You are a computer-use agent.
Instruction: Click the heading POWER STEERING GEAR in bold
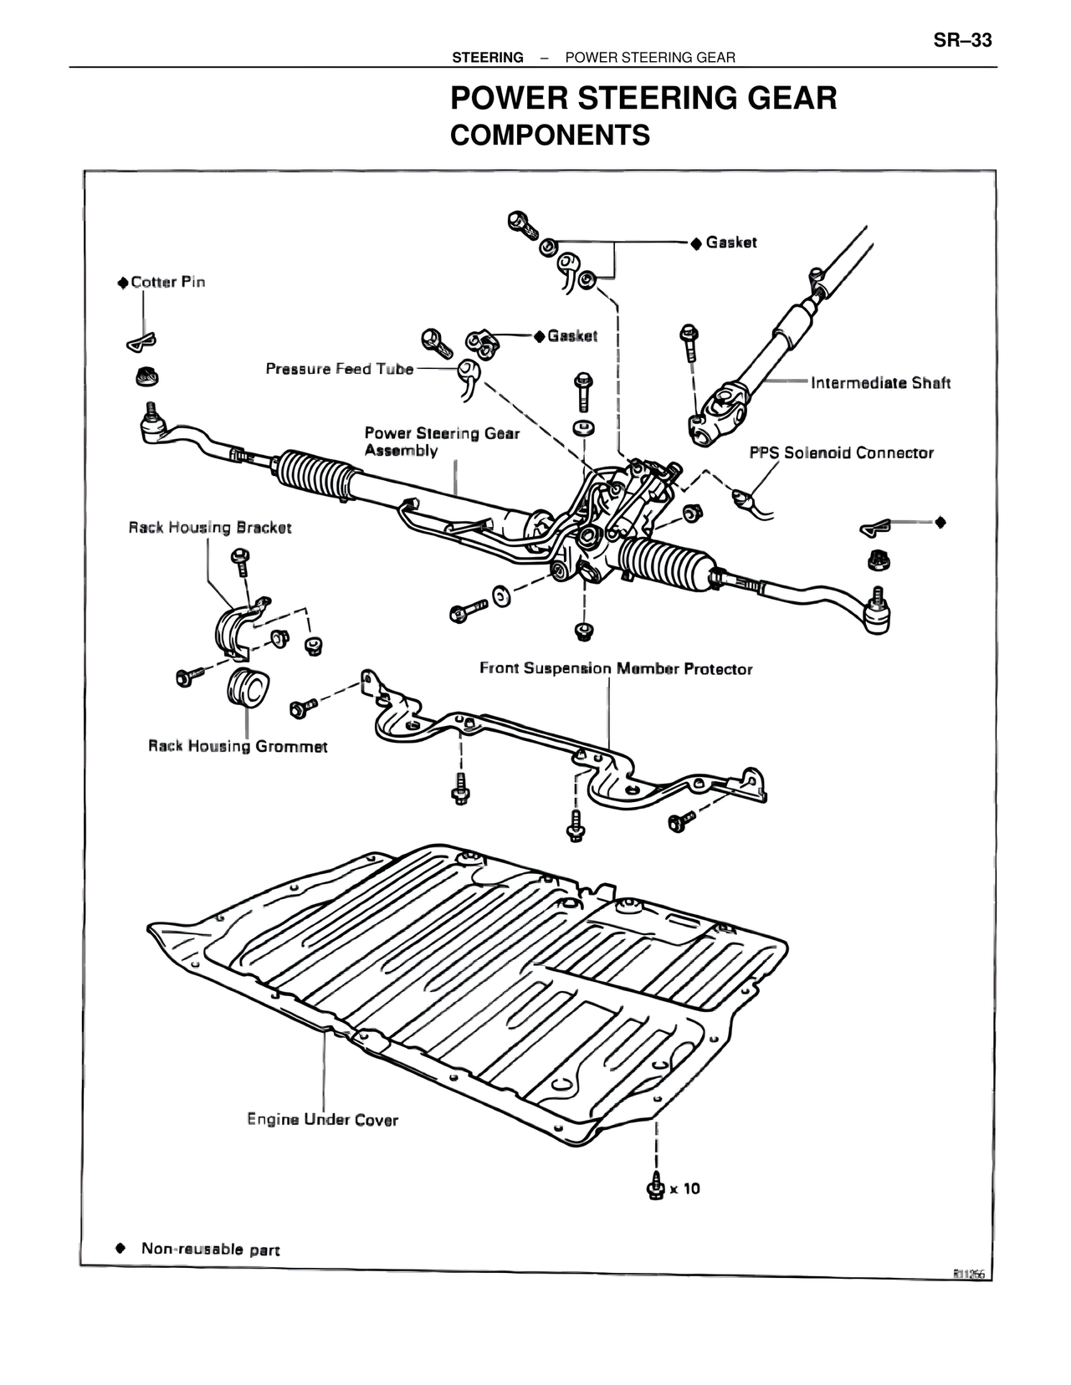click(x=643, y=99)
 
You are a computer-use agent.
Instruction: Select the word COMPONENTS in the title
click(x=550, y=135)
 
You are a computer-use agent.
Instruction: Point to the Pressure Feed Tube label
click(x=340, y=369)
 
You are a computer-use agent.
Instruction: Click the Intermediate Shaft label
click(x=880, y=383)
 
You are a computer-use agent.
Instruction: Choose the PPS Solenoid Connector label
click(x=841, y=452)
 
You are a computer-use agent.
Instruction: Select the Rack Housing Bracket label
click(x=210, y=528)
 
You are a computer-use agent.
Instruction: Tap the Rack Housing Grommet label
click(x=238, y=746)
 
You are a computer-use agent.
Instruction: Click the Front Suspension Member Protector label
click(x=616, y=669)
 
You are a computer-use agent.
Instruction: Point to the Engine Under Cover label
click(x=323, y=1119)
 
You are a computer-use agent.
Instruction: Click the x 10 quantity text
click(x=685, y=1188)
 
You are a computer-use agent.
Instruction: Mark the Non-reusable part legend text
click(x=210, y=1250)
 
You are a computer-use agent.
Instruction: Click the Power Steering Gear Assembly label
click(x=441, y=442)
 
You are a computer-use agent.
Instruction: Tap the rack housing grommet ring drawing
click(x=247, y=688)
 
